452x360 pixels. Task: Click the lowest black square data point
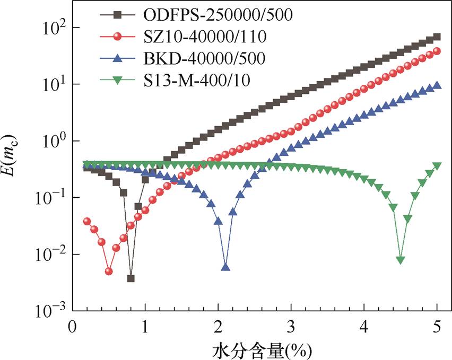(x=131, y=278)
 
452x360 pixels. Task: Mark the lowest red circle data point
(x=109, y=271)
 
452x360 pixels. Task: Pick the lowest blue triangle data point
(x=225, y=267)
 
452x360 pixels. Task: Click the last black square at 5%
(x=437, y=37)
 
